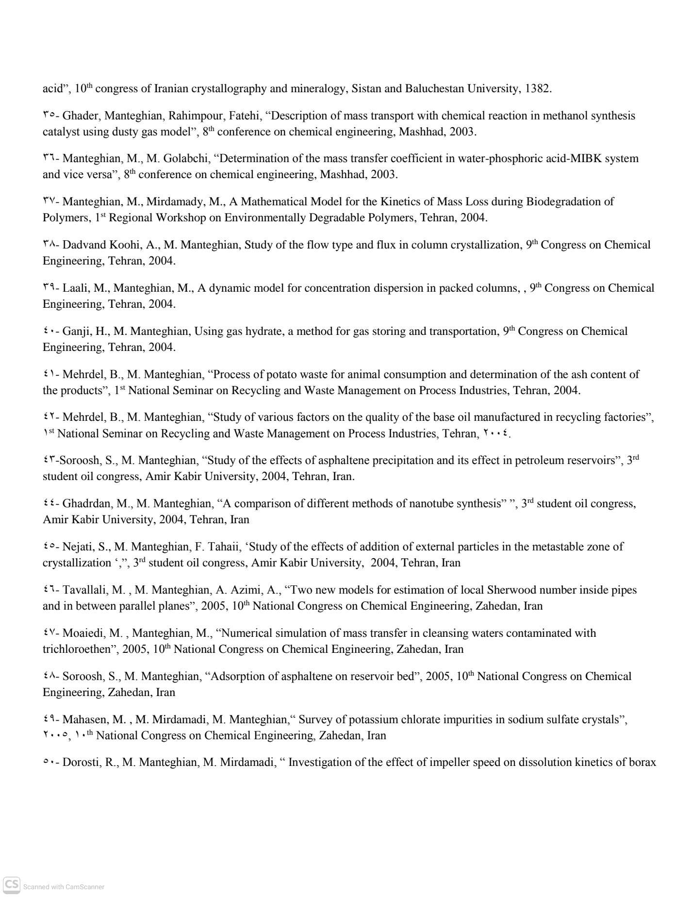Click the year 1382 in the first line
click(x=538, y=89)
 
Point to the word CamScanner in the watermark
click(x=85, y=887)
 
